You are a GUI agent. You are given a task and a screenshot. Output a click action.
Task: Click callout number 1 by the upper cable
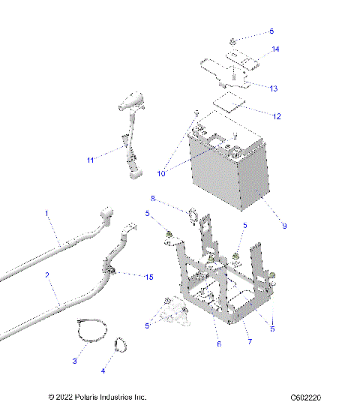pos(46,214)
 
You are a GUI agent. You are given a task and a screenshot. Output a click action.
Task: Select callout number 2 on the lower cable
pos(46,276)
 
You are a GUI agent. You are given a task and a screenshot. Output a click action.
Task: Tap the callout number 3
pos(74,361)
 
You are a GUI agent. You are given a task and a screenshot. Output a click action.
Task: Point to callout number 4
pos(103,370)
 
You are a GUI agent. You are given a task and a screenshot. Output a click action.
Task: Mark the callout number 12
pos(277,116)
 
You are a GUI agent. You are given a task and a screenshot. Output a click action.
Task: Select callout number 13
pos(274,88)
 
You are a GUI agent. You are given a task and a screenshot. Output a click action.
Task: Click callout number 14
pos(275,49)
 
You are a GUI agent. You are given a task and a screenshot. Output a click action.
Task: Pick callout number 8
pos(153,199)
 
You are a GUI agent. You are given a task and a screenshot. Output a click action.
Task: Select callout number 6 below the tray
pos(218,344)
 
